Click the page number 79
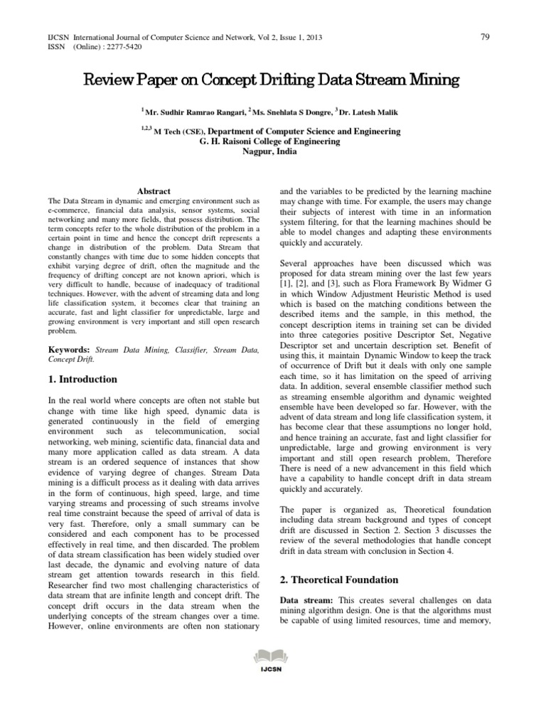point(485,37)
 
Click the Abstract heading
point(154,191)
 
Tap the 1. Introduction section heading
point(82,380)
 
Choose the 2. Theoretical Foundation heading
point(338,579)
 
